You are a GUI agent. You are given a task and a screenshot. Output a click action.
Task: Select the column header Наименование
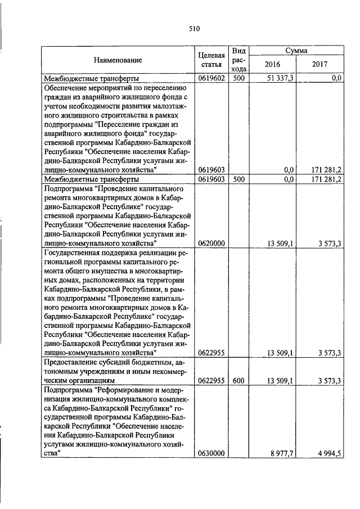click(x=118, y=60)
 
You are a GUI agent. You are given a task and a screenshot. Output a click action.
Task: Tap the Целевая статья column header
click(x=212, y=60)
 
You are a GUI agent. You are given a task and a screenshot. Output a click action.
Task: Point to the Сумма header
click(x=296, y=50)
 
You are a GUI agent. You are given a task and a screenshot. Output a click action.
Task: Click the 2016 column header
click(x=272, y=64)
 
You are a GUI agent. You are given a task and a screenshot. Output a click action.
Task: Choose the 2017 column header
click(x=319, y=64)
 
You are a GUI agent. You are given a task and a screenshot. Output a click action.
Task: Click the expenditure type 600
click(x=238, y=381)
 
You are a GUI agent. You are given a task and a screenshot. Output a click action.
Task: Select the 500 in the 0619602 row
click(x=238, y=78)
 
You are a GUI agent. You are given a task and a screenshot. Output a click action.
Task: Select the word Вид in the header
click(x=238, y=51)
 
